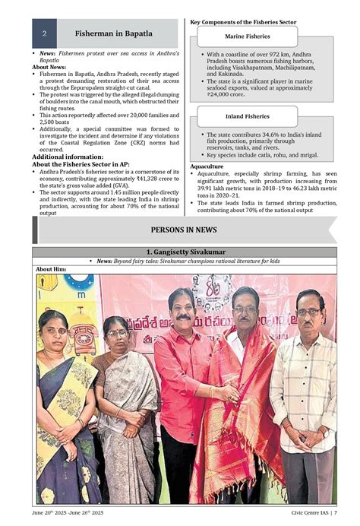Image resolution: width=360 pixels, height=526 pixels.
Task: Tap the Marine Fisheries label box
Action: (x=248, y=36)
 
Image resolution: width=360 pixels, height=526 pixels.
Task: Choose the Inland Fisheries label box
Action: (x=248, y=117)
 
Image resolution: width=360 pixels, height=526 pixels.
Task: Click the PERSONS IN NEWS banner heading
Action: (x=184, y=230)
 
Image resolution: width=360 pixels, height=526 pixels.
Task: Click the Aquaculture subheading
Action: (x=207, y=166)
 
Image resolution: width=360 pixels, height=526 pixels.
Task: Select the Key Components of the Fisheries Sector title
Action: (x=244, y=22)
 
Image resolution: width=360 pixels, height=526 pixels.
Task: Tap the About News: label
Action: (x=51, y=67)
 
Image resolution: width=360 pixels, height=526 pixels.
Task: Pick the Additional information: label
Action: (x=63, y=157)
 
